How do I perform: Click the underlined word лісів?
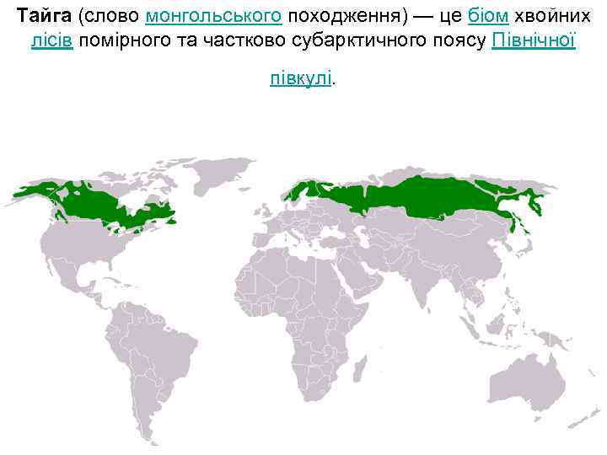(x=51, y=41)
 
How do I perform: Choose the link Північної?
(x=533, y=41)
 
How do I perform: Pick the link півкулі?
(x=302, y=78)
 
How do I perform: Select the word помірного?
(x=126, y=41)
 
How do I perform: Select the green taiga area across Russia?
(x=422, y=198)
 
